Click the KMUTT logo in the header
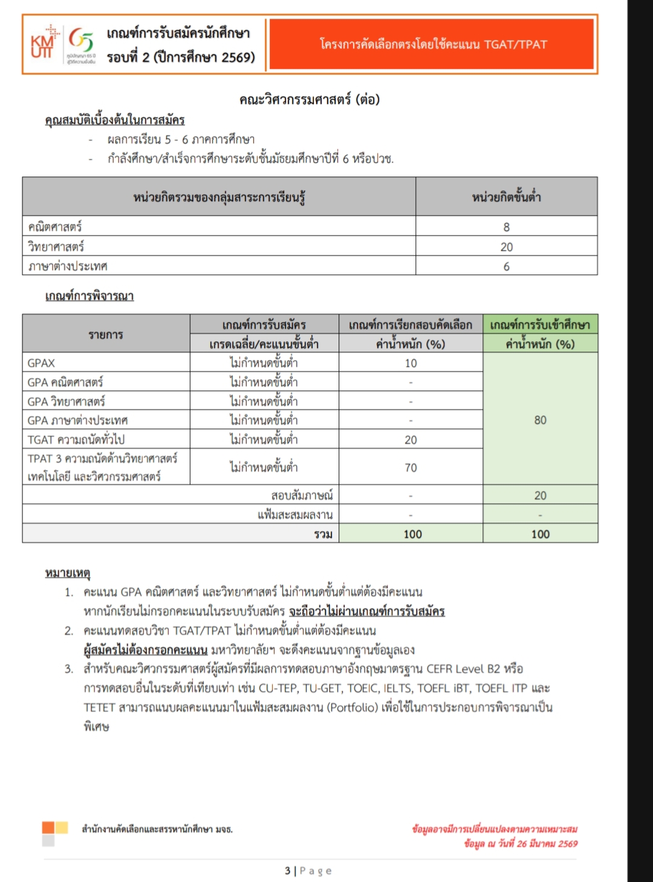coord(42,43)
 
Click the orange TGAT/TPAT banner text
coord(433,44)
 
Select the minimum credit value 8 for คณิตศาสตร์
coord(506,227)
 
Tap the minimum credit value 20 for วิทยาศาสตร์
coord(506,246)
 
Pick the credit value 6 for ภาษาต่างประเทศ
coord(506,266)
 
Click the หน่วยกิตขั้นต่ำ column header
coord(506,197)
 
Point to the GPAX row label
coord(41,363)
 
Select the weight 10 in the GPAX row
coord(411,363)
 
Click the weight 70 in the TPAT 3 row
coord(411,468)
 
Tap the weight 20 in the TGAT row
coord(411,440)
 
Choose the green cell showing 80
coord(540,420)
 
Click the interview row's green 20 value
coord(540,495)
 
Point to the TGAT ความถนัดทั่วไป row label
coord(76,440)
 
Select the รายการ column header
coord(106,334)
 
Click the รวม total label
coord(323,534)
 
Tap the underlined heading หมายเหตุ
coord(67,572)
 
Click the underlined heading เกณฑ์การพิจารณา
coord(89,296)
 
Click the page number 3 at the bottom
coord(288,871)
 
